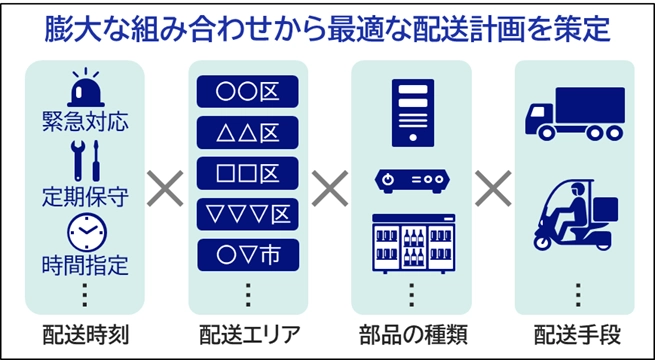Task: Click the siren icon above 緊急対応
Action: [84, 91]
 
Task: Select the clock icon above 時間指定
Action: [84, 232]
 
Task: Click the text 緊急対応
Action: [84, 124]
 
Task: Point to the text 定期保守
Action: [84, 194]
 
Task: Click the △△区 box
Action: [247, 132]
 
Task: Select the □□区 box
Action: [247, 172]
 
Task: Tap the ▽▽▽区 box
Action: [247, 213]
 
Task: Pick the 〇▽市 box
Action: [247, 254]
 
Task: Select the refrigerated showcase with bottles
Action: [411, 242]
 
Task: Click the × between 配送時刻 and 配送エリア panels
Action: [166, 188]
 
